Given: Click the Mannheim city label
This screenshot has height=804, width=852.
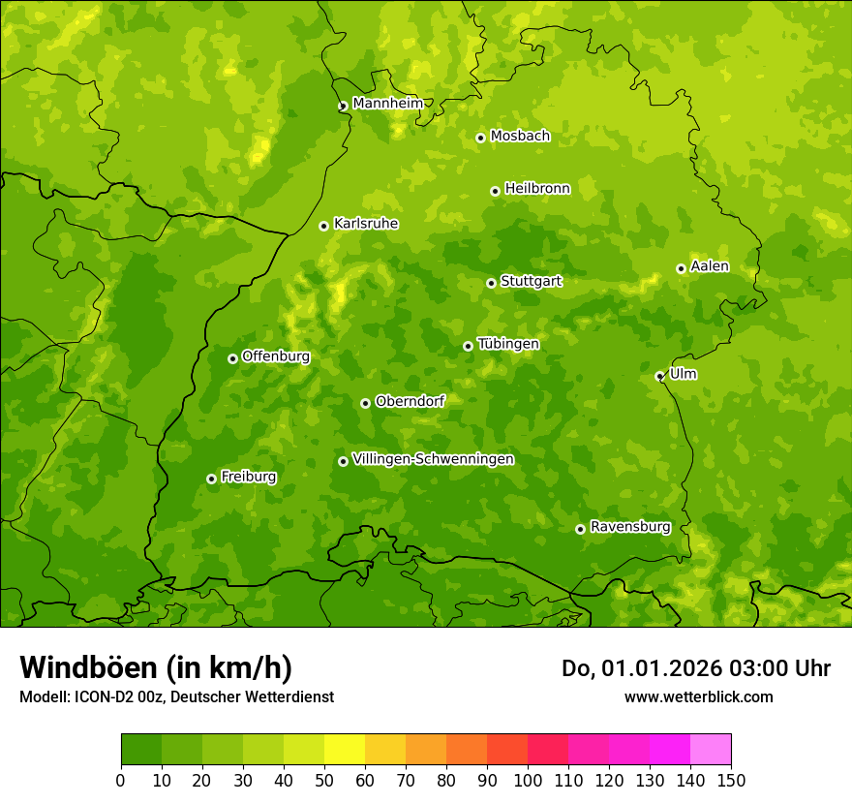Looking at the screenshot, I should (387, 104).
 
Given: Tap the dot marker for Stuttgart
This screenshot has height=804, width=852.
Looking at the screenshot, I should (491, 283).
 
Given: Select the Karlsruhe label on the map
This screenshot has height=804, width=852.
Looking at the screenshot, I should (366, 224).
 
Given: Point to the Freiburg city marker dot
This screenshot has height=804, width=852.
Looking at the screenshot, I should (211, 479).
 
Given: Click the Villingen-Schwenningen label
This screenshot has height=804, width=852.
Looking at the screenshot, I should (433, 459).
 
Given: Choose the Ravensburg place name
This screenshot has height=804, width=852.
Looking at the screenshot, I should (629, 527).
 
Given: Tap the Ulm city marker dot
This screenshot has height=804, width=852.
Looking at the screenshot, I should (659, 376).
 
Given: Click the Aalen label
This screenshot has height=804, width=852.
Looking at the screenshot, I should (710, 266).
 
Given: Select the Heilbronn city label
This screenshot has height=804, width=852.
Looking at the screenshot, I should (537, 189).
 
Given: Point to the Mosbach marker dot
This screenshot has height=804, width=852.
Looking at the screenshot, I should (480, 138).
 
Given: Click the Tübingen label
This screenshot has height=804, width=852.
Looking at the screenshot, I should (508, 344).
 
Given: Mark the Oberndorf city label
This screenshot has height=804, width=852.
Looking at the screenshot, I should (410, 401).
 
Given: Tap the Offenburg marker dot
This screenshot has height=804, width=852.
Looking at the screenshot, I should (232, 358).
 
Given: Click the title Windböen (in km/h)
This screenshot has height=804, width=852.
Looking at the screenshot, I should (155, 667).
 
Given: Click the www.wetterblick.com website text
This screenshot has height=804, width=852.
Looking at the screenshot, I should (698, 696).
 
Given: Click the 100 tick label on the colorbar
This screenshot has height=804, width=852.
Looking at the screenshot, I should (528, 780).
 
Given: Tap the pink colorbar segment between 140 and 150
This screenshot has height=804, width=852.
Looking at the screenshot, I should (711, 750).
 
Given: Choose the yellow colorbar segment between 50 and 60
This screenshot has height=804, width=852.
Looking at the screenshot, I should (345, 750).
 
